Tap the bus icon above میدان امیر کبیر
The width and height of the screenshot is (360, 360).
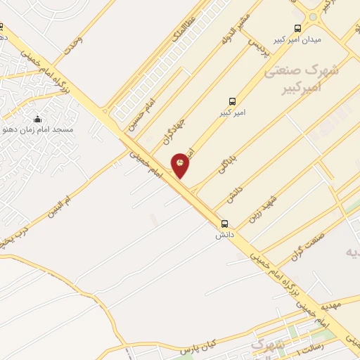[297, 29]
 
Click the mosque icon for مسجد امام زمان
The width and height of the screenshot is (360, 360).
[37, 119]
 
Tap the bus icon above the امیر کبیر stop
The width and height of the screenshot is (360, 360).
[232, 101]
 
